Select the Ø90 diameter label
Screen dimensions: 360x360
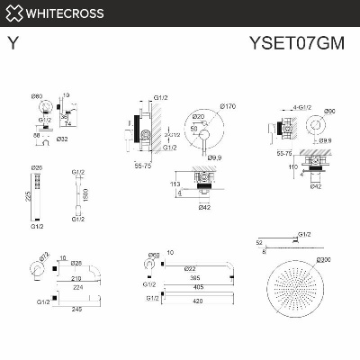pos(329,111)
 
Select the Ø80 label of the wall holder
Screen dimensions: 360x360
pos(37,95)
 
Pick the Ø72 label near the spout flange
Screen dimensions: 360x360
pos(42,255)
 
